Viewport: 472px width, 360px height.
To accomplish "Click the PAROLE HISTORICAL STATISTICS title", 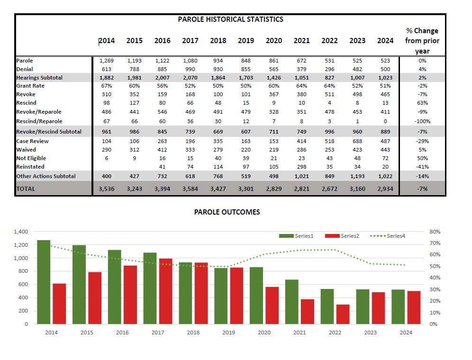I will [230, 19].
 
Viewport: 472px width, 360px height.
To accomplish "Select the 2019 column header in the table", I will [246, 41].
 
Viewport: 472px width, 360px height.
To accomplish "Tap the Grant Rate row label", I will [30, 86].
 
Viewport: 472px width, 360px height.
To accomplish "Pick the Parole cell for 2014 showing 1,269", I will [107, 61].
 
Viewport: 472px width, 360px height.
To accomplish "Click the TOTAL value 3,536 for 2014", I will [107, 189].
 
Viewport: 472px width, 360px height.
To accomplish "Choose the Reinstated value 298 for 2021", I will [301, 167].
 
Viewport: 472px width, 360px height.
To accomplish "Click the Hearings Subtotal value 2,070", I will [190, 77].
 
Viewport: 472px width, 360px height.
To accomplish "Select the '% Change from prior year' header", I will [422, 41].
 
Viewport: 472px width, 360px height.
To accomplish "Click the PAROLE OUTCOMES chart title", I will [227, 212].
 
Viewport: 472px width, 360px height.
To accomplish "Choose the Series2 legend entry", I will [350, 236].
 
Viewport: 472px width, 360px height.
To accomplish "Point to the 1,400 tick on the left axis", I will [21, 232].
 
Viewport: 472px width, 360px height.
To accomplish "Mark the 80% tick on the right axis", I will [435, 232].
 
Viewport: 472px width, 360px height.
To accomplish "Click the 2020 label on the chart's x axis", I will [264, 333].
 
